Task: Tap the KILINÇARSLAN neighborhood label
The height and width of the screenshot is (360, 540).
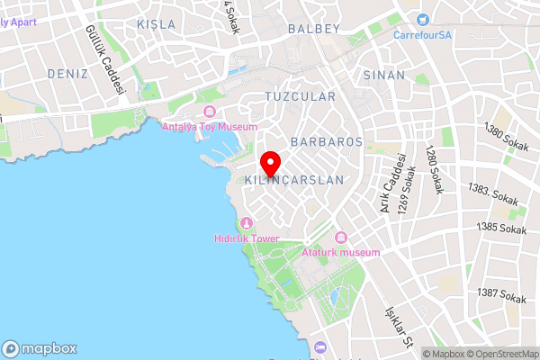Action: click(x=294, y=180)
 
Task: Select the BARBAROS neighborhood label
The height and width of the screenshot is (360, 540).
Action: click(x=327, y=142)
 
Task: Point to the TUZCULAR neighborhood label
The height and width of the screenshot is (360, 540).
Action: click(x=301, y=96)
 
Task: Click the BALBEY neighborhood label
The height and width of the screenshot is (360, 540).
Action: click(x=314, y=29)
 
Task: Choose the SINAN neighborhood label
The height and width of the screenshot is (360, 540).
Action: click(x=384, y=76)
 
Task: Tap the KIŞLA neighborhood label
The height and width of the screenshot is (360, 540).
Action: click(x=156, y=23)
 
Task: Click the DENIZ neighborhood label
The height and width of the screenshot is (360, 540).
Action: click(x=67, y=73)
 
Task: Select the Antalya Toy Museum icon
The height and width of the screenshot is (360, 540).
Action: click(x=210, y=112)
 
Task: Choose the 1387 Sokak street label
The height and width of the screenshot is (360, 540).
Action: click(x=502, y=294)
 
